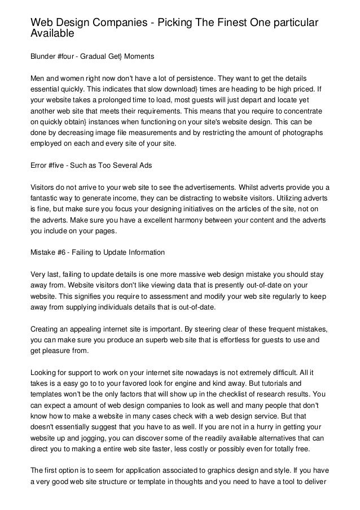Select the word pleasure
59,351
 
